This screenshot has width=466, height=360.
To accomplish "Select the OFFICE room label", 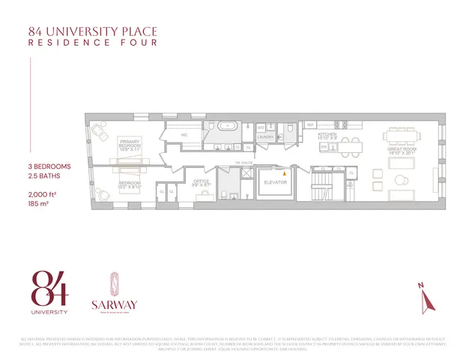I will [201, 181].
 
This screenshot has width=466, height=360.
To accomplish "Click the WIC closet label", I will [183, 135].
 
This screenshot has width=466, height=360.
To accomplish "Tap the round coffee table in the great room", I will [400, 178].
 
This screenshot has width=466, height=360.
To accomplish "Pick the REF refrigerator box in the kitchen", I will [309, 125].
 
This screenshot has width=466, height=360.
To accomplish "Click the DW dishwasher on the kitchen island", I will [324, 148].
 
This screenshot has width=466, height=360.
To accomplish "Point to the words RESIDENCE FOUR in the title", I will [92, 43].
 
